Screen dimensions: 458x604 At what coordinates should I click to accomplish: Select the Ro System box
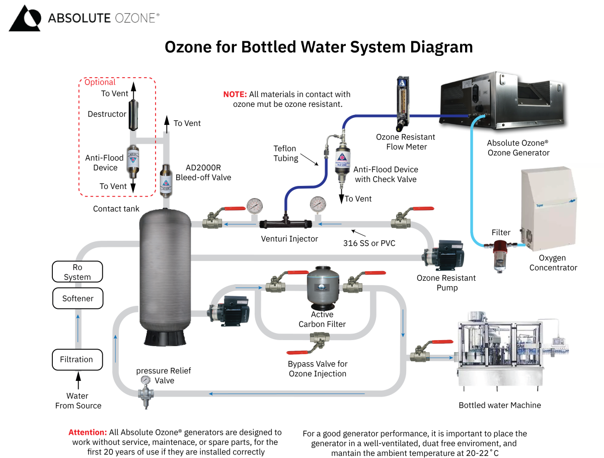78,272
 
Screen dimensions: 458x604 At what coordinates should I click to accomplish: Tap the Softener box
78,298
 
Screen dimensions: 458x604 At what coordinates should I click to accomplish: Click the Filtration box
77,360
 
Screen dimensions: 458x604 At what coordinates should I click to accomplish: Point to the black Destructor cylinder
134,114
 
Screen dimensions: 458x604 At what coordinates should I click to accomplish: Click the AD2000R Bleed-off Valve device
166,179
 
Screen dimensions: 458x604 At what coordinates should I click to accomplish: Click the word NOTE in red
235,94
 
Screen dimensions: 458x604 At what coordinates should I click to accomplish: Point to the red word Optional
100,82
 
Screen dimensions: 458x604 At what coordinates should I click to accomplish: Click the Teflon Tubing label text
285,153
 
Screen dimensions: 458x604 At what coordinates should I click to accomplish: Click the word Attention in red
88,432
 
